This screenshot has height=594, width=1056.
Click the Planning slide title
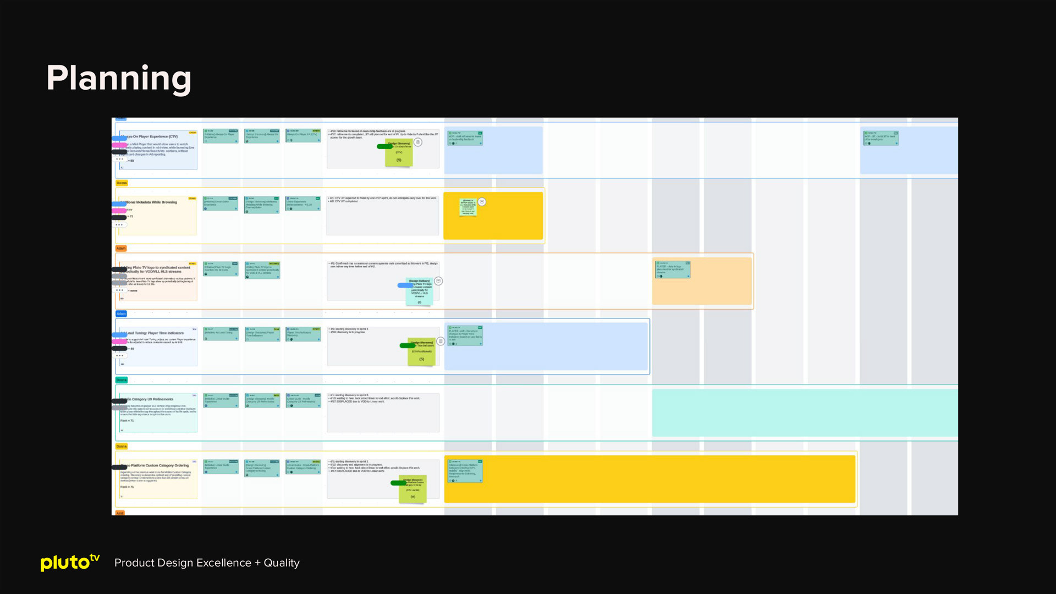click(119, 78)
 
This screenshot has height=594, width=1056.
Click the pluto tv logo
click(70, 562)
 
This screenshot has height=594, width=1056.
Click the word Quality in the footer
click(282, 563)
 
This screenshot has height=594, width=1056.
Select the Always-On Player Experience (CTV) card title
click(150, 136)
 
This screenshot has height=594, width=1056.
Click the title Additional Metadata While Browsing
click(151, 202)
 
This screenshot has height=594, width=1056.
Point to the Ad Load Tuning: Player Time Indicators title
click(155, 333)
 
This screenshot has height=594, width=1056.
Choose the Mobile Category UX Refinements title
click(150, 399)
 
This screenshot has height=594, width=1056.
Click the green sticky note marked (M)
click(413, 489)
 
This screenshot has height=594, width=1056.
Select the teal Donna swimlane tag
click(122, 380)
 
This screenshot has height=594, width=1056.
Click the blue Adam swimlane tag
click(121, 313)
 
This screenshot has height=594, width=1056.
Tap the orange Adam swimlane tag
click(121, 248)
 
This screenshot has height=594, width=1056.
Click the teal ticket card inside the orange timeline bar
click(672, 269)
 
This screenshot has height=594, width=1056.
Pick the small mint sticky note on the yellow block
click(468, 207)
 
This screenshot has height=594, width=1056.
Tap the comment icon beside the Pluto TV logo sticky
click(438, 281)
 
